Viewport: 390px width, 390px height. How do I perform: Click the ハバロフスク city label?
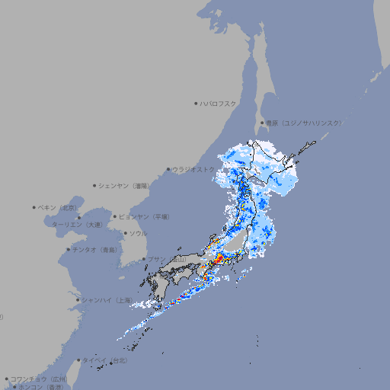pos(219,104)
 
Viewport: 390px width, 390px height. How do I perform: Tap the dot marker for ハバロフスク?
pos(197,104)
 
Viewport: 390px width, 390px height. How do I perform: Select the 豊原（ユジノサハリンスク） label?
pos(304,123)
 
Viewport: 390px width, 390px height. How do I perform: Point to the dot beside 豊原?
pos(262,123)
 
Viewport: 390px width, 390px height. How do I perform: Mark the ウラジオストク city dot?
pos(168,170)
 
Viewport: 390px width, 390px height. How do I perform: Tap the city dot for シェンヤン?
pos(95,185)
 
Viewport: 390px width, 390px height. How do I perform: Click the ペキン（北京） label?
pos(58,207)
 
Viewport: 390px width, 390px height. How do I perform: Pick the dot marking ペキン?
pos(34,207)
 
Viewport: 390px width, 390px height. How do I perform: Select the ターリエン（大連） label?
pos(77,225)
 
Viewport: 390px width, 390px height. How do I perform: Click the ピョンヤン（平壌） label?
pos(145,216)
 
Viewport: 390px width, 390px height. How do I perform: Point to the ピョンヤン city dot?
pos(116,216)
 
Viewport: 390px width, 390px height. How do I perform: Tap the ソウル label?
pos(138,233)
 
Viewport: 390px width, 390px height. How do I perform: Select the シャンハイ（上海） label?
pos(106,300)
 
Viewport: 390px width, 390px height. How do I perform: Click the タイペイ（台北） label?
pos(106,360)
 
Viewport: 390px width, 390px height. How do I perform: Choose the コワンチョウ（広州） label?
pos(39,379)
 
